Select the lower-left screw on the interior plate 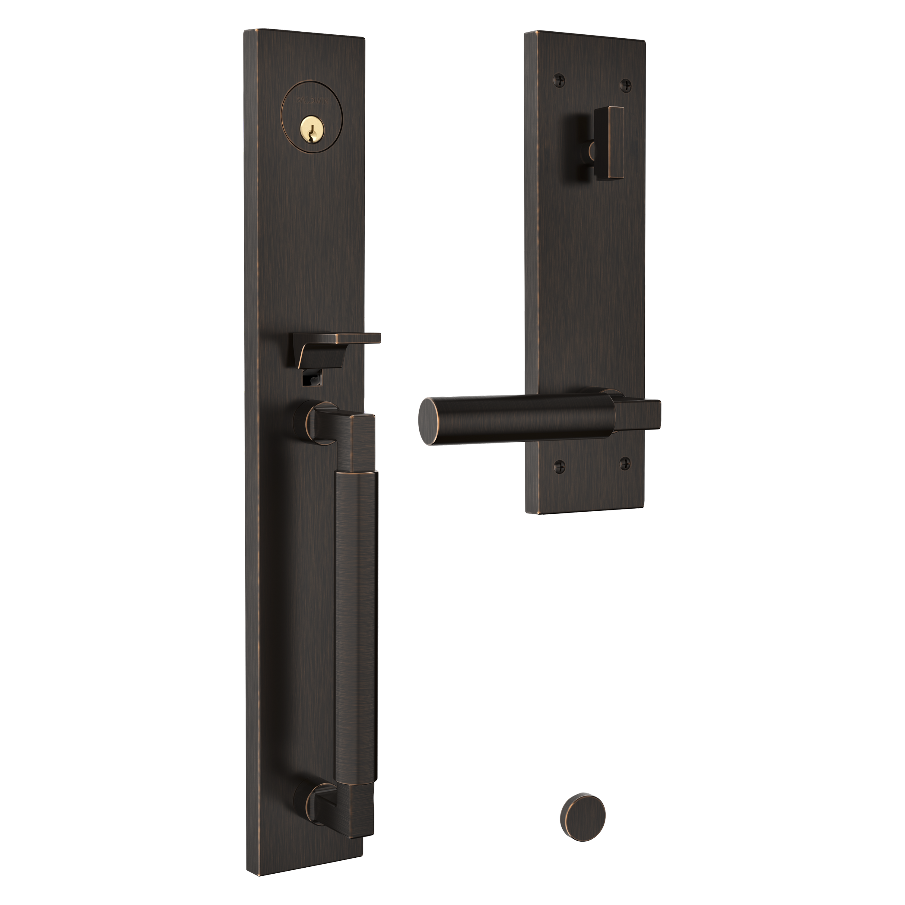tap(559, 465)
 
